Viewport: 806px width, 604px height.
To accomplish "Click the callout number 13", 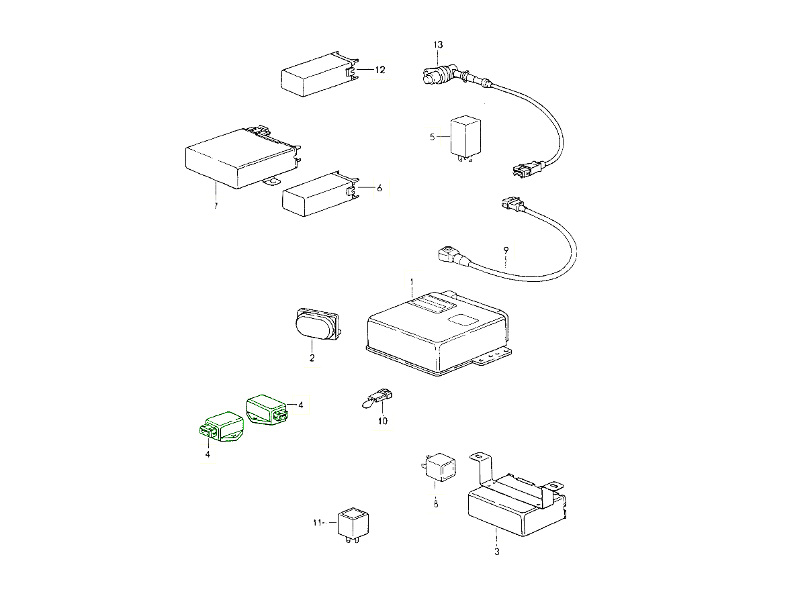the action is tap(438, 45).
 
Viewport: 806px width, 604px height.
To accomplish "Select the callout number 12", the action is tap(380, 70).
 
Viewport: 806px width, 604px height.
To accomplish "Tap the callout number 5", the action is tap(432, 137).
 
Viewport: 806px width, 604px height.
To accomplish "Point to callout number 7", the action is tap(216, 206).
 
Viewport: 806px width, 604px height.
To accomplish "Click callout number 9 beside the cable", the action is tap(506, 250).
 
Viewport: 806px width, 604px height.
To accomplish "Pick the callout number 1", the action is tap(412, 282).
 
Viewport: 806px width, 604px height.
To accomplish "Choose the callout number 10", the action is tap(383, 421).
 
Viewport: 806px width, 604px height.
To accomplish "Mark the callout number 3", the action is tap(497, 552).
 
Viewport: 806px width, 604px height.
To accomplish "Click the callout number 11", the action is tap(317, 523).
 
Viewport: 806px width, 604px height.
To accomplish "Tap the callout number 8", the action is tap(436, 504).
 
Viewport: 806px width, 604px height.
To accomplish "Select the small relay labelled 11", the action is tap(353, 524).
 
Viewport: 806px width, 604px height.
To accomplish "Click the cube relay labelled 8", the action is tap(439, 467).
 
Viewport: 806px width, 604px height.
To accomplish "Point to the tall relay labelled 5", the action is tap(465, 138).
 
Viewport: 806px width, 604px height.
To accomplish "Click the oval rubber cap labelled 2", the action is tap(317, 324).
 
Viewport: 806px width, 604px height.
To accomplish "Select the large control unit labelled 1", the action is tap(439, 334).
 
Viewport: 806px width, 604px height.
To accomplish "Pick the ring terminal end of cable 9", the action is tap(446, 254).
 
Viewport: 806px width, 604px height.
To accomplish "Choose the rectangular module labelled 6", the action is tap(320, 194).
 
